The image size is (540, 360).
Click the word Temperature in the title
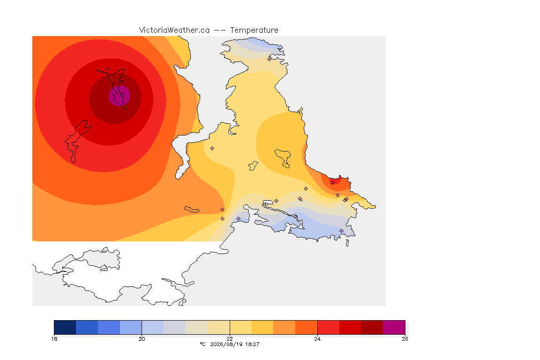pos(254,30)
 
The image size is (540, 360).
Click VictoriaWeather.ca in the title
pos(174,30)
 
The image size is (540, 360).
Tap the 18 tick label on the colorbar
pos(54,339)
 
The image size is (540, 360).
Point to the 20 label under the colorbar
pos(142,339)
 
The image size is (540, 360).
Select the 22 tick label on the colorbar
pos(230,339)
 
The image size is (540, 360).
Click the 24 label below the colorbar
pos(317,339)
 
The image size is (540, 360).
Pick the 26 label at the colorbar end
pos(405,339)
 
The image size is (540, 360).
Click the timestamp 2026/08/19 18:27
pos(235,344)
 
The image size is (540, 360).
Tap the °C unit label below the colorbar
pos(203,344)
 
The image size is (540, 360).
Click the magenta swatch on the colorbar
pos(394,327)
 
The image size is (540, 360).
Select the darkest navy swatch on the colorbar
pos(65,327)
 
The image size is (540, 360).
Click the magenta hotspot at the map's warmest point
pos(120,96)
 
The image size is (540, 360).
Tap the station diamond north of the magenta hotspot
pos(108,69)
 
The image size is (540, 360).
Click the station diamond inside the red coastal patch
pos(333,183)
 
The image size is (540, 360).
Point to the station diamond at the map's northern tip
pos(270,59)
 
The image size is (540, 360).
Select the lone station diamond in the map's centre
pos(212,149)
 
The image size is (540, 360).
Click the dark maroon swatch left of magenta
pos(372,327)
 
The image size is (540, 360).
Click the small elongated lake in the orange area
pos(192,210)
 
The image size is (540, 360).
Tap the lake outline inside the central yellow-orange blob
pos(283,158)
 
